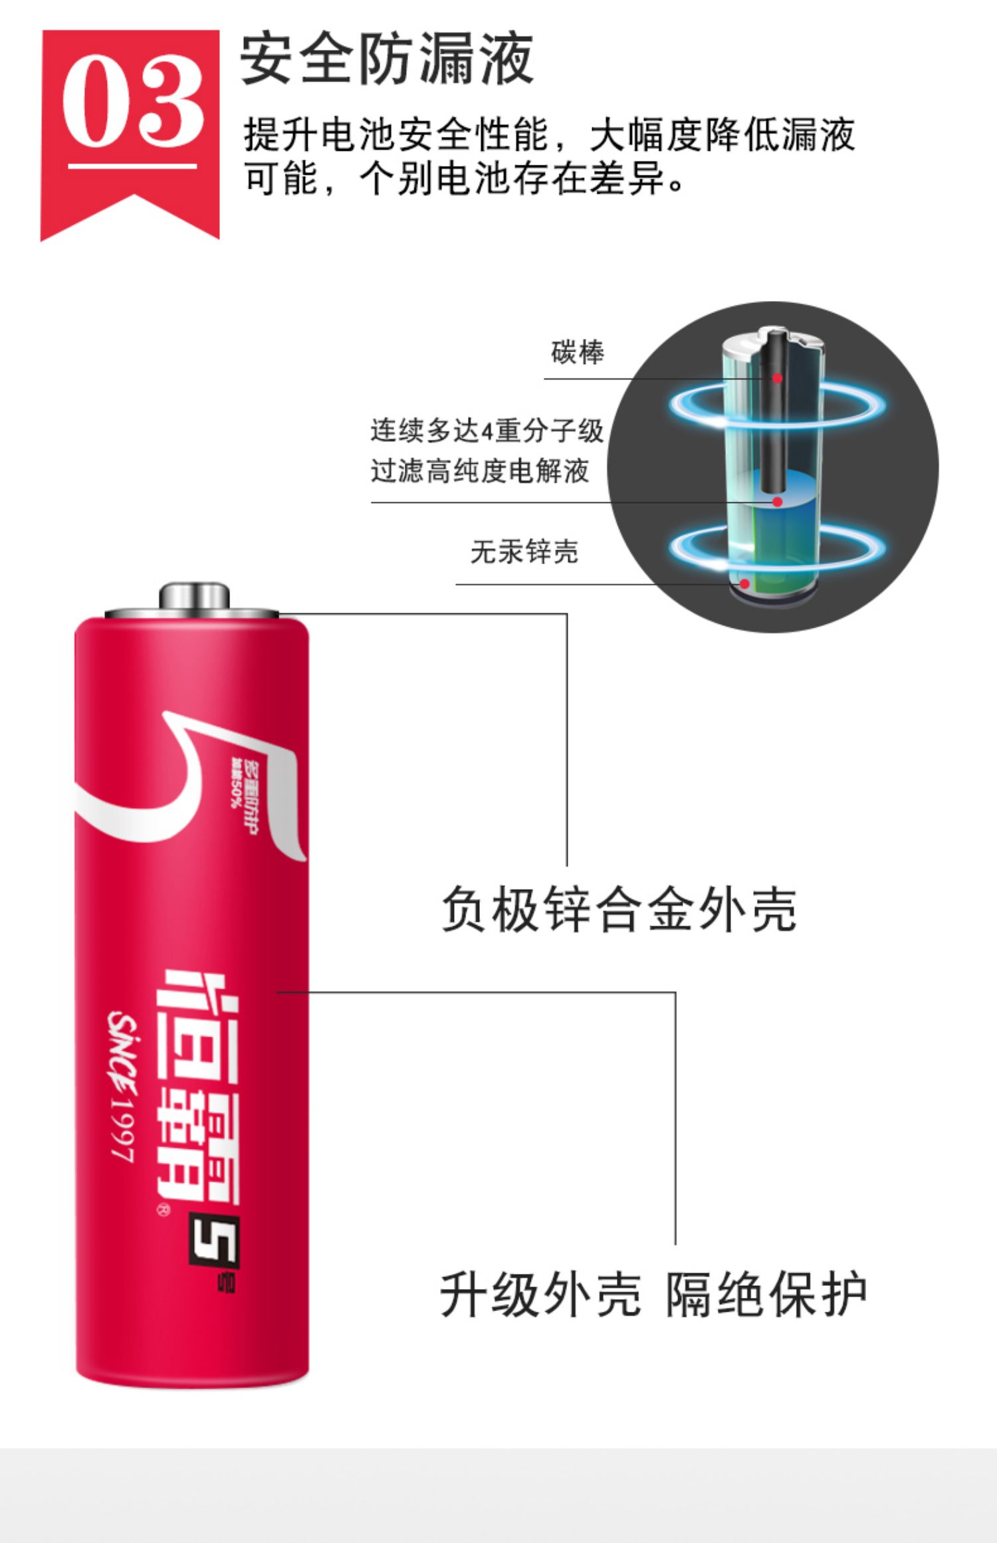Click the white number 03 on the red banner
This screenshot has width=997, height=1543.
tap(132, 101)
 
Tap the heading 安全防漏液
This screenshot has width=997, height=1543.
tap(386, 60)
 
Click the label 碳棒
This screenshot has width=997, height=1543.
tap(577, 352)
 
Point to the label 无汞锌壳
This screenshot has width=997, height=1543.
tap(524, 552)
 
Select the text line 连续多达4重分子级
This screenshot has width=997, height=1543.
tap(487, 431)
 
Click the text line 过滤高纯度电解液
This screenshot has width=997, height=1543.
tap(480, 471)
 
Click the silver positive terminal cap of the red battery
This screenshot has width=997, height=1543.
tap(193, 596)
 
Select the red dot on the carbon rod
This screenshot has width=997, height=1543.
tap(776, 378)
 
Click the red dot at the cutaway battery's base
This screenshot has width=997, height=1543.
tap(745, 584)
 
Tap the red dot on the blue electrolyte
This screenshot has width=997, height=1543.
tap(776, 502)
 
